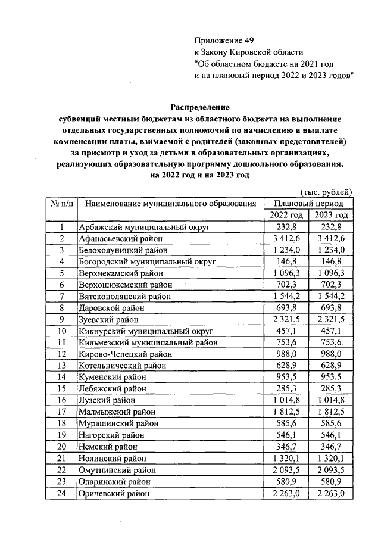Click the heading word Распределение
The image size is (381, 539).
coord(199,107)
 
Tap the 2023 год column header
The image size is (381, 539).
coord(331,215)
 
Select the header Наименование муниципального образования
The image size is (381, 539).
coord(170,204)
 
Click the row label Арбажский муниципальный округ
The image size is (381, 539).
coord(138,228)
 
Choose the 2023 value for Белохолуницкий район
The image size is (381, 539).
coord(331,250)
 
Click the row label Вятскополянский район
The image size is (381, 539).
coord(125,296)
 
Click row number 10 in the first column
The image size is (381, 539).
coord(61,331)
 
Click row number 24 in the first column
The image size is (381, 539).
coord(61,493)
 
